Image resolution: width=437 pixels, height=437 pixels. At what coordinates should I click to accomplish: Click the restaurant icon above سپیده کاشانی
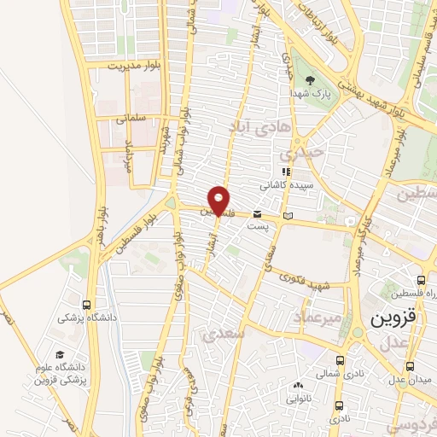(285, 172)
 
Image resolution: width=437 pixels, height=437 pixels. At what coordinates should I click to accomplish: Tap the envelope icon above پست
(257, 214)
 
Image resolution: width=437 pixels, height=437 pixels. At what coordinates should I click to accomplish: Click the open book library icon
(288, 214)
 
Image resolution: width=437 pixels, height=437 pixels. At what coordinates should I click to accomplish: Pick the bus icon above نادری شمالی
(340, 360)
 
